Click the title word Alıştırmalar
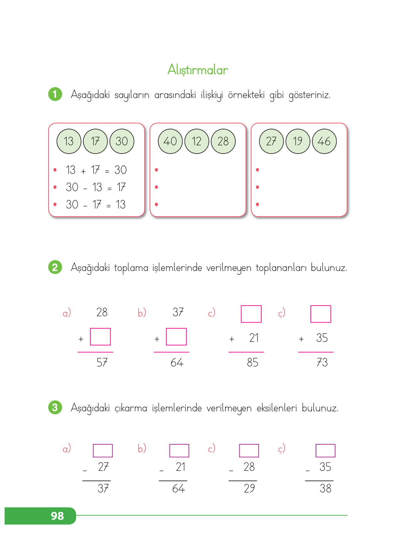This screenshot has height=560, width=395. [x=197, y=70]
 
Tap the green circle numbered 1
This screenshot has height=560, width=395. [x=55, y=94]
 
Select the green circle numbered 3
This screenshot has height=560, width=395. [x=55, y=407]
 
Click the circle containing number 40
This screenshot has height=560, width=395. [x=170, y=141]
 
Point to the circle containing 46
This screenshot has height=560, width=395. [x=324, y=141]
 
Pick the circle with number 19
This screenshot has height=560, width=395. [x=298, y=141]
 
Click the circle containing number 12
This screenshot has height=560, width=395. [x=197, y=141]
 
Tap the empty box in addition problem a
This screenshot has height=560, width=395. [x=100, y=337]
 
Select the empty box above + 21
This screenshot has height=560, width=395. [x=251, y=314]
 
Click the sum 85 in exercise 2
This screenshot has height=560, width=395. [x=252, y=362]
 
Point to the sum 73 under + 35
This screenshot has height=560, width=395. [x=322, y=362]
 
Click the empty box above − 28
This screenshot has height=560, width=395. [x=249, y=451]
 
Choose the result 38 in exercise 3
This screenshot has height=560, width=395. [x=325, y=489]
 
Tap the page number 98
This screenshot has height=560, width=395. [x=57, y=516]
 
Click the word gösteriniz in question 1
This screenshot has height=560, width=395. [x=309, y=95]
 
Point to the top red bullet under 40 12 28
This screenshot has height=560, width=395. [x=156, y=170]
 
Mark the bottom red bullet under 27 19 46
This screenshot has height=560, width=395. [x=258, y=205]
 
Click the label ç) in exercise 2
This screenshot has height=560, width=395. [x=281, y=313]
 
